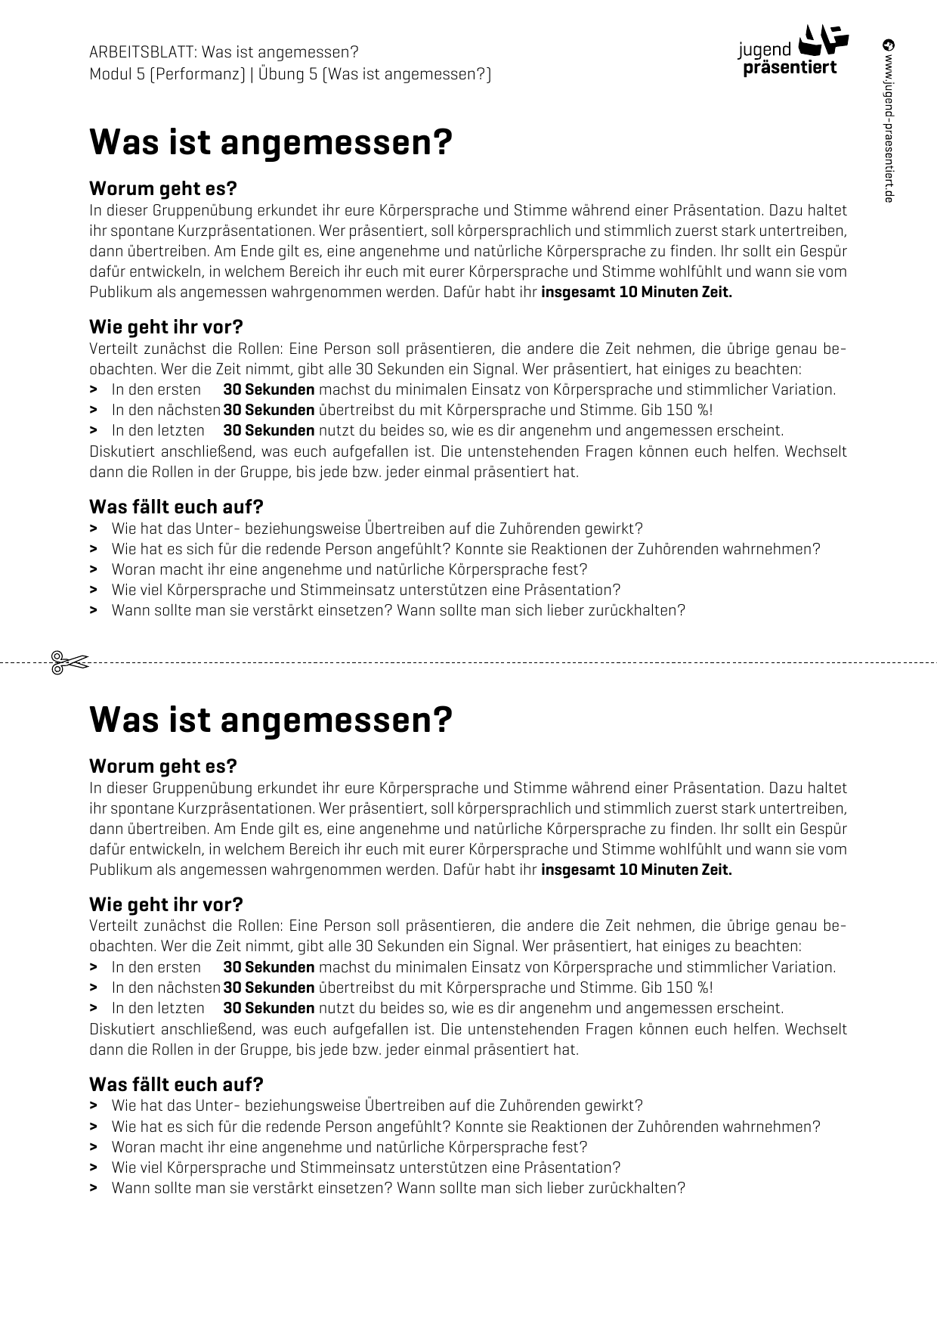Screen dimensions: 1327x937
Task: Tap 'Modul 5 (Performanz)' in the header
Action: click(167, 74)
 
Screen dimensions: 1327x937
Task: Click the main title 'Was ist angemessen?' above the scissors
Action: click(271, 142)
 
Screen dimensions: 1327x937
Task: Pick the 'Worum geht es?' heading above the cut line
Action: click(163, 188)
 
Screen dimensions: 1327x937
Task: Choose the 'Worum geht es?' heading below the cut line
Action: click(163, 765)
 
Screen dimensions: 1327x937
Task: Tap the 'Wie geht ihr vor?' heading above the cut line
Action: click(166, 327)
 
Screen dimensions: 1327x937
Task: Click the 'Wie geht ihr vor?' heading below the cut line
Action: click(166, 904)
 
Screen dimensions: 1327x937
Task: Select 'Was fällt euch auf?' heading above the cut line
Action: click(176, 507)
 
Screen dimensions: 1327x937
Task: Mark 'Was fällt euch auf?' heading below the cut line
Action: click(176, 1084)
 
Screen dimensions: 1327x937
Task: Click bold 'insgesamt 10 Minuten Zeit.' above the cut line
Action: click(636, 293)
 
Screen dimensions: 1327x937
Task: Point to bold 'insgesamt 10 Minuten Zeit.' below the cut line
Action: click(636, 870)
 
